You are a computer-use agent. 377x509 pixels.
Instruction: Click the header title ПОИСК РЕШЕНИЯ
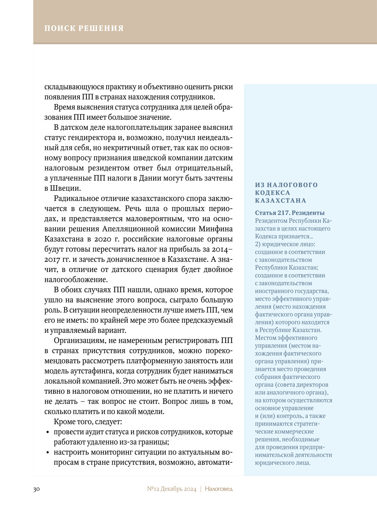(84, 28)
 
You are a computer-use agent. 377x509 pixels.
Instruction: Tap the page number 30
(36, 489)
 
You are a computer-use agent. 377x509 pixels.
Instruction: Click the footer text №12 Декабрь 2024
(172, 489)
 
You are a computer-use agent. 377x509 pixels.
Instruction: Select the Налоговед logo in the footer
(219, 489)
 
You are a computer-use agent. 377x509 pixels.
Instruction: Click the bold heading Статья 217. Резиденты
(290, 213)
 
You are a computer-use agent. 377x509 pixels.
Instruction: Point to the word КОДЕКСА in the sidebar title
(272, 193)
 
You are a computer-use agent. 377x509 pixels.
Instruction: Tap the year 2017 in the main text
(52, 260)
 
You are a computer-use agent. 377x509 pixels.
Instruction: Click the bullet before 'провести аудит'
(47, 432)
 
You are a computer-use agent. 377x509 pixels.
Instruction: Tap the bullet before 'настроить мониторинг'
(47, 453)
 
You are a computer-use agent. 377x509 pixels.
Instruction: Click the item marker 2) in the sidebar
(258, 244)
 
